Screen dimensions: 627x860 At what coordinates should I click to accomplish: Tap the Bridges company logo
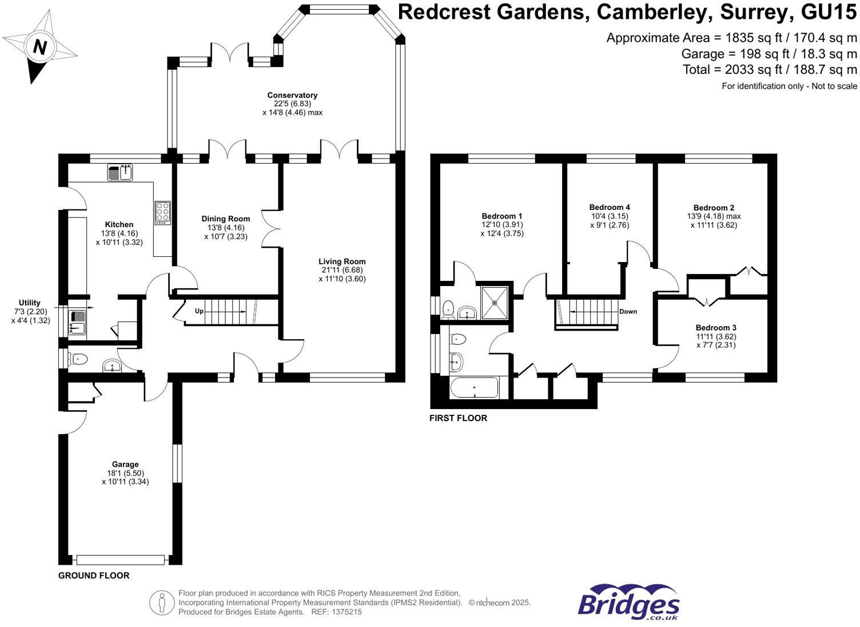click(628, 602)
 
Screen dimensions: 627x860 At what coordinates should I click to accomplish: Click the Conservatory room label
click(292, 95)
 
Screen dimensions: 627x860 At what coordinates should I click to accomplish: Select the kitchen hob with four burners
click(162, 212)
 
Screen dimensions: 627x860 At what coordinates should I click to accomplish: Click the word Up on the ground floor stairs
click(199, 311)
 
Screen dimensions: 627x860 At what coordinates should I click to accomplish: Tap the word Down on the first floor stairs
click(628, 312)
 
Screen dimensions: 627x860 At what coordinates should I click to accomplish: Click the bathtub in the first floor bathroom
click(474, 388)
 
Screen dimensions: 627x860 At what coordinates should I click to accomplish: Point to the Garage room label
click(125, 465)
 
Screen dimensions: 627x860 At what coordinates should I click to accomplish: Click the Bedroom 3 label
click(716, 328)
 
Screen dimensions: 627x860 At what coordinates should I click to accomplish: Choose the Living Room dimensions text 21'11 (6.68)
click(342, 270)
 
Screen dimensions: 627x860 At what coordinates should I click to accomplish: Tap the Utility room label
click(30, 303)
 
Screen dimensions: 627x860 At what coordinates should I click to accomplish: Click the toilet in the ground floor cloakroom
click(78, 359)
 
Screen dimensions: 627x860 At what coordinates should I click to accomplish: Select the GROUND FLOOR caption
click(94, 576)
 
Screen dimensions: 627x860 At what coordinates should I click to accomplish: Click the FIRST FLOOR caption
click(458, 418)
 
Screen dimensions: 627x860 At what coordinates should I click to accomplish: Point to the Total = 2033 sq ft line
click(770, 70)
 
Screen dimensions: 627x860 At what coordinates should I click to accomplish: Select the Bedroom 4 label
click(610, 207)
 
